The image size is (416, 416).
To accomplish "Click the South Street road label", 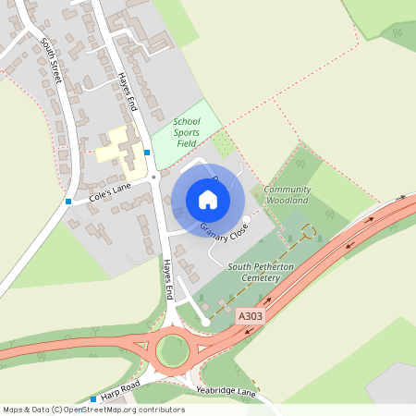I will click(52, 62).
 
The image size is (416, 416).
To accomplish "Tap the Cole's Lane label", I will click(109, 193).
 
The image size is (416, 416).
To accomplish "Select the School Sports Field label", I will click(187, 133).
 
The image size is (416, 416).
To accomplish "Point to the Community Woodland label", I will click(288, 194).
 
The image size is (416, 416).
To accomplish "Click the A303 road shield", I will click(249, 315).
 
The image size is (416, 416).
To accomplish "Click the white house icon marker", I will click(208, 200).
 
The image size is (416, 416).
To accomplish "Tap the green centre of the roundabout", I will click(171, 350).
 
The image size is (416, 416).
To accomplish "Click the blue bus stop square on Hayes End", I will click(146, 152).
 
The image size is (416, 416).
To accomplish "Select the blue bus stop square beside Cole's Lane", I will click(68, 201).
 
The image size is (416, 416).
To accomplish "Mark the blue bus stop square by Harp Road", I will click(92, 399).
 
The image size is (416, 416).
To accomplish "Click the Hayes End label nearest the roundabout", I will click(167, 278).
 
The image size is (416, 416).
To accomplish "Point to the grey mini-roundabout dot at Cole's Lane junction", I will click(153, 176).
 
